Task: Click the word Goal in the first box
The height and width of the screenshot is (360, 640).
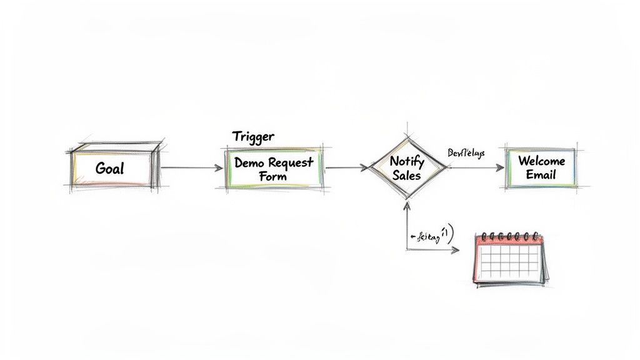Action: coord(110,168)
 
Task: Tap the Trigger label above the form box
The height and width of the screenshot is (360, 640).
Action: coord(253,136)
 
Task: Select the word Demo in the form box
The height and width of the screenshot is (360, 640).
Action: coord(250,162)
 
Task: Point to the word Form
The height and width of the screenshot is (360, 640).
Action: coord(272,176)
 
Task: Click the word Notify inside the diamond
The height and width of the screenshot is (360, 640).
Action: coord(407,161)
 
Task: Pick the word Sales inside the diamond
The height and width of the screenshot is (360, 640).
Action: coord(407,175)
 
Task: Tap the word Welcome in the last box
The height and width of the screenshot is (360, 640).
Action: coord(541,161)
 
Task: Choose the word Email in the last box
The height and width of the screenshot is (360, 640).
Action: coord(541,175)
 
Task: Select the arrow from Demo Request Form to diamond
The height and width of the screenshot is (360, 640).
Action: coord(345,167)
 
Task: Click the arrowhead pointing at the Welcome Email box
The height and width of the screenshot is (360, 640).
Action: coord(499,168)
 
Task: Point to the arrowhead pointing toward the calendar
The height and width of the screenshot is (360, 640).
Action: coord(454,250)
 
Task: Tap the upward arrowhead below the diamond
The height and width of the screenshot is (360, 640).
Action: coord(407,205)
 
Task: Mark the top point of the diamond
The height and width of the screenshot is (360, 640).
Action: coord(407,134)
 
